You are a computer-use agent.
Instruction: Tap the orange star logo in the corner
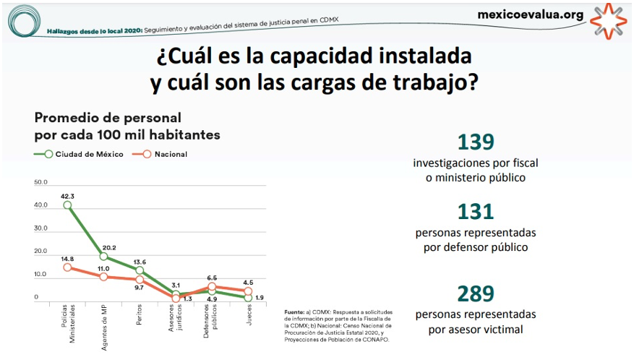609,20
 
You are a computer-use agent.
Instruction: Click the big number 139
475,142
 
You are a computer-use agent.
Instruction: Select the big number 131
475,211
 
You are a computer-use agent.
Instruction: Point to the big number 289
475,293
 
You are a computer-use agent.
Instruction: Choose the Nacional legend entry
171,154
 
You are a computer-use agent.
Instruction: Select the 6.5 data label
213,278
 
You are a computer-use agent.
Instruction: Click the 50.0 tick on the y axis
40,182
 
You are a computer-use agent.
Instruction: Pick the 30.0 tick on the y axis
40,228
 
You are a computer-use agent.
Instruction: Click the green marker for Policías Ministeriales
68,205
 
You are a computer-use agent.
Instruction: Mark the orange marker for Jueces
248,291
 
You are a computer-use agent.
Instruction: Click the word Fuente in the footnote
295,312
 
